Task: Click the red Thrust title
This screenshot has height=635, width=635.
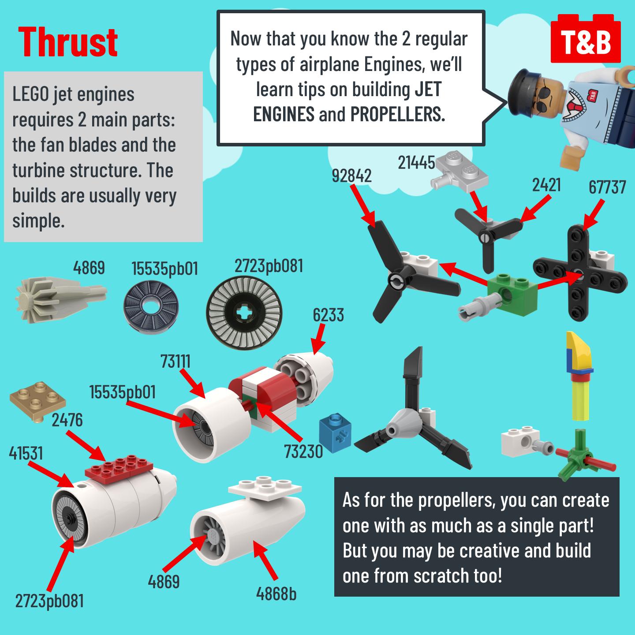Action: (x=68, y=42)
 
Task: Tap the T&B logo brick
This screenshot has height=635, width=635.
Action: (x=586, y=39)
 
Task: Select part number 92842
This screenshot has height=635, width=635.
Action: (x=351, y=176)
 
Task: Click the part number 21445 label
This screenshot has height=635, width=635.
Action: (x=416, y=162)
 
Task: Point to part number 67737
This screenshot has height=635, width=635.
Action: (x=607, y=187)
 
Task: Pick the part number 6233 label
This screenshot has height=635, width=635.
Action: (x=328, y=315)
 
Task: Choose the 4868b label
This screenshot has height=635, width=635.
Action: (x=276, y=594)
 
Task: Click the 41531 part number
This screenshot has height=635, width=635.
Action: (x=26, y=453)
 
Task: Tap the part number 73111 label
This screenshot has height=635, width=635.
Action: (x=176, y=361)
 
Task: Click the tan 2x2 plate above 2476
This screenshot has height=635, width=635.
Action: (x=37, y=401)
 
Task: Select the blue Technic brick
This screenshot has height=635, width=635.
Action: (x=335, y=433)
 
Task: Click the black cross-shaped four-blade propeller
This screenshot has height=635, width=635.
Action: (x=579, y=273)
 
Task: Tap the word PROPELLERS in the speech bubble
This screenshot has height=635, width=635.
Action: (x=397, y=114)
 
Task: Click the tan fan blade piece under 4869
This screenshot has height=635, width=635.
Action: (x=61, y=299)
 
